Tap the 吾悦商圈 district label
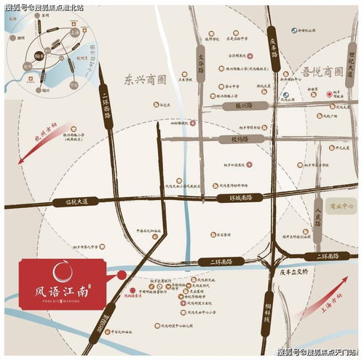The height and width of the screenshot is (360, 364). tap(322, 72)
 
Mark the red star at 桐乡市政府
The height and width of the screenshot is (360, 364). tap(329, 94)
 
